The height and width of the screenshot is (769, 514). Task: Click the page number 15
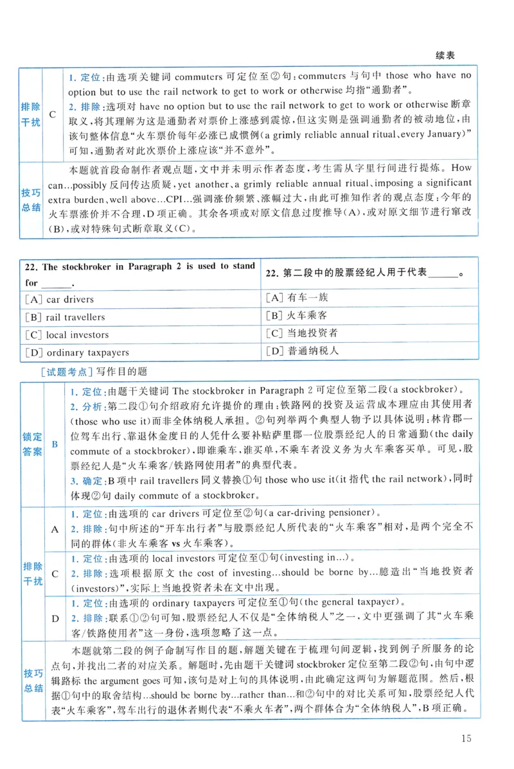coord(466,738)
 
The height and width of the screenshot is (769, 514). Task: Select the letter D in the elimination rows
coord(55,619)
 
